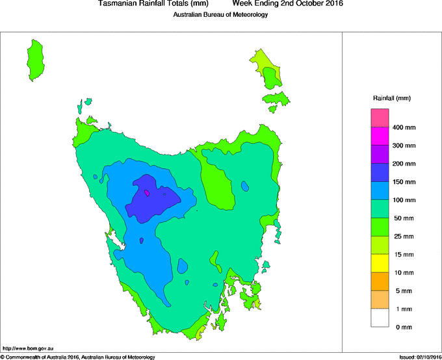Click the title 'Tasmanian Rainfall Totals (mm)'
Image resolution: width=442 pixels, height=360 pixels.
pos(153,4)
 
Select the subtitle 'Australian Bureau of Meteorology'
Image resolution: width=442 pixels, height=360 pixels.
pos(220,15)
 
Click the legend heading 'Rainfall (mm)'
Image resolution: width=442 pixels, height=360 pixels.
pos(392,98)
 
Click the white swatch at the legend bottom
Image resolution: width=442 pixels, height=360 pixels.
pos(380,318)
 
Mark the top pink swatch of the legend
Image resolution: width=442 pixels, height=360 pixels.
pos(380,118)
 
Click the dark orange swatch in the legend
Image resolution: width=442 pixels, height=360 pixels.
pos(380,281)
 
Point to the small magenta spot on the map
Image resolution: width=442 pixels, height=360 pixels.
pos(148,192)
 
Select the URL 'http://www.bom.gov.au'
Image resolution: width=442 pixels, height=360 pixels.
pos(27,348)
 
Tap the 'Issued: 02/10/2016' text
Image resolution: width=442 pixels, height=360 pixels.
pos(419,357)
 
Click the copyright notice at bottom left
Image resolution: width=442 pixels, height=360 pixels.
pos(78,357)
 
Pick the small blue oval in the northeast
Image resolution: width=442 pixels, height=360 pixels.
pos(244,186)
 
